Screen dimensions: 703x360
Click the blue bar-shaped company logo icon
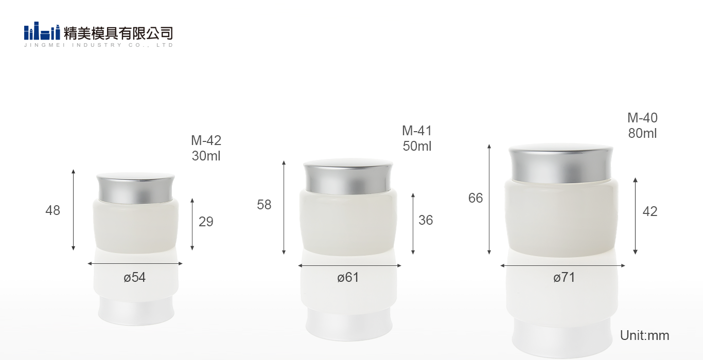click(x=42, y=31)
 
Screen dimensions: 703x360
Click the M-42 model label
click(x=206, y=140)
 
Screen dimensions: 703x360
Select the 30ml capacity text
click(x=206, y=156)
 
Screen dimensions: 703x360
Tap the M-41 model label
click(x=417, y=131)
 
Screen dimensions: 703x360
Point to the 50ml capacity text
click(x=417, y=146)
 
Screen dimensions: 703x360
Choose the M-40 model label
click(x=642, y=118)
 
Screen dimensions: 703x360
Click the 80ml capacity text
click(x=642, y=133)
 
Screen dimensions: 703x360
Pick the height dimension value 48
click(x=52, y=210)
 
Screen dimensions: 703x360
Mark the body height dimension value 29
click(x=206, y=222)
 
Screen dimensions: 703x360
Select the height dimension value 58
click(x=264, y=205)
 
